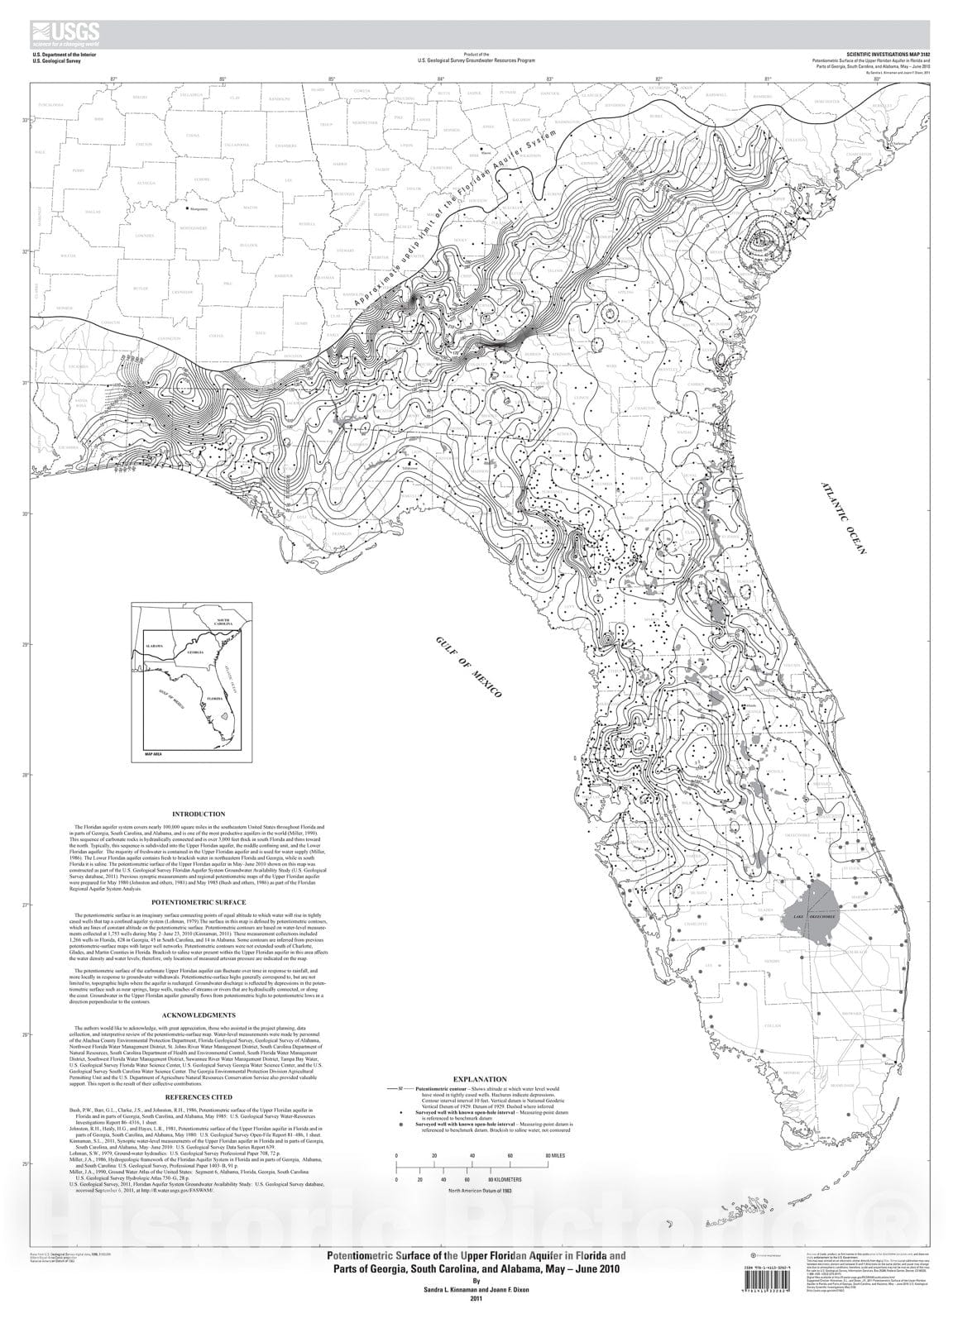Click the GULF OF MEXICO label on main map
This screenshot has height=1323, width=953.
point(469,670)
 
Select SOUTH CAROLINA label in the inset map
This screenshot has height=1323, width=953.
point(223,622)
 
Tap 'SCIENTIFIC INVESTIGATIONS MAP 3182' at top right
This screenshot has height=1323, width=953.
point(887,53)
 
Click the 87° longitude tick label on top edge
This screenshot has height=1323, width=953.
point(114,79)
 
